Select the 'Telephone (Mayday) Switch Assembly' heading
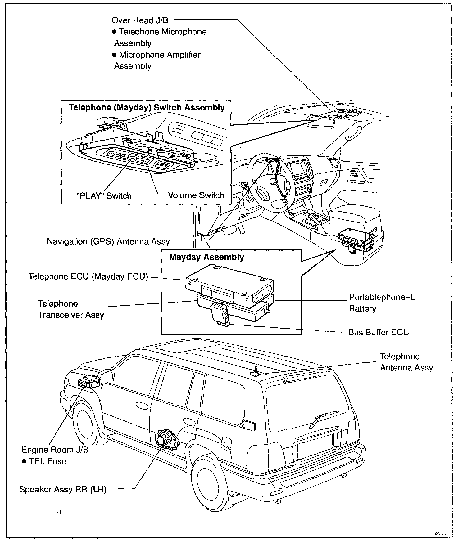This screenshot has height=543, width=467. (x=147, y=108)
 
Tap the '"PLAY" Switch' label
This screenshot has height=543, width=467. (x=104, y=196)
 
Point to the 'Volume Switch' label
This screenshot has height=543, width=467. (x=196, y=195)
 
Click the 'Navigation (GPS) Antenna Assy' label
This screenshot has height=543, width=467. (x=108, y=241)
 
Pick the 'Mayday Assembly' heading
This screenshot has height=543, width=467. (x=206, y=257)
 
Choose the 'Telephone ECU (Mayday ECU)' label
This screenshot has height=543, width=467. (x=88, y=276)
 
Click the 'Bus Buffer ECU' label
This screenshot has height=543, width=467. (x=378, y=332)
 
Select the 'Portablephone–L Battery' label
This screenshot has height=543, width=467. (x=382, y=303)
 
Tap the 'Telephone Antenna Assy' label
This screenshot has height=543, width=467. (x=406, y=362)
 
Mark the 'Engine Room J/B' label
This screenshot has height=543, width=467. (x=55, y=450)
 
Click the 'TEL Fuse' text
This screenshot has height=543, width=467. (x=48, y=461)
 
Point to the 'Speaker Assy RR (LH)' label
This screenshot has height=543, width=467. (x=63, y=489)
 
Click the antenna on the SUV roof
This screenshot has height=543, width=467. (x=256, y=372)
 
